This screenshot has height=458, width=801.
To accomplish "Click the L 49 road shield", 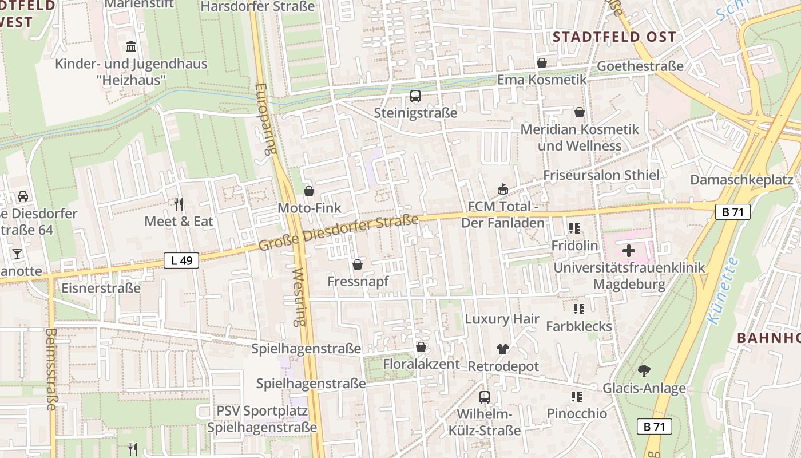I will click(181, 260).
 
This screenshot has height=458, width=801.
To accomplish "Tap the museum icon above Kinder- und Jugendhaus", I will click(131, 46).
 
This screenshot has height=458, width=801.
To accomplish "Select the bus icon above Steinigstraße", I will click(415, 96).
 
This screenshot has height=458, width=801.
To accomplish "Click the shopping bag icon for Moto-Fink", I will click(309, 191).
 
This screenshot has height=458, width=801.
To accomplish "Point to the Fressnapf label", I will click(358, 282).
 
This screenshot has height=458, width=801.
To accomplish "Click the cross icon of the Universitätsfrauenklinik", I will click(629, 251).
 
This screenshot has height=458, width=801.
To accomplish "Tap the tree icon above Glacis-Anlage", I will click(644, 371).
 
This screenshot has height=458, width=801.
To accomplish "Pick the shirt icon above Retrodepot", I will click(503, 349).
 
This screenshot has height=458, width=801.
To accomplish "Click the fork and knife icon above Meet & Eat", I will click(179, 204).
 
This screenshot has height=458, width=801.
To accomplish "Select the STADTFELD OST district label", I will click(614, 37).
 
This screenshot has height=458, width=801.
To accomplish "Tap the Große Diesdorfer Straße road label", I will click(338, 233).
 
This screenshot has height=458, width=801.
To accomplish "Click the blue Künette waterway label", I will click(723, 291).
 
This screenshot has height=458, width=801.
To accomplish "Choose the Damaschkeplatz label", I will click(741, 180).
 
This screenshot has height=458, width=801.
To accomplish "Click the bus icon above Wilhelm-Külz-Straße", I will click(484, 397).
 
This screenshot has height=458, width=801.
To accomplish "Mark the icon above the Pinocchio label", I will click(576, 396).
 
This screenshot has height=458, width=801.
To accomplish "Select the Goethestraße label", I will click(640, 66).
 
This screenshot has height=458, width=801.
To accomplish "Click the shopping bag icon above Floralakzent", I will click(421, 347).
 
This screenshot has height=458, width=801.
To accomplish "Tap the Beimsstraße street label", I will click(51, 369).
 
